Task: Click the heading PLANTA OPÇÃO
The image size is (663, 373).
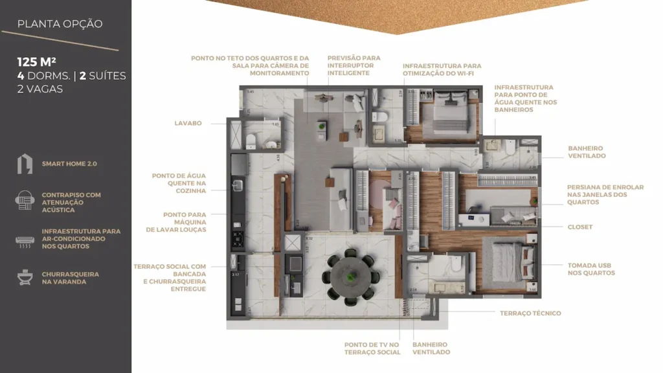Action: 60,24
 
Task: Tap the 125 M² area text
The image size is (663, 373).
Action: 36,62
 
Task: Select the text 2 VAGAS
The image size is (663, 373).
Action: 39,89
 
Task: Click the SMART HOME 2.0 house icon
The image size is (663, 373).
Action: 25,164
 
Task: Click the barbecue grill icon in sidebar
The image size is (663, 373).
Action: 25,278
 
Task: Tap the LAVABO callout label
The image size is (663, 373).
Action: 188,123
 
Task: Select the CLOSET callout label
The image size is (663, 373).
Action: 580,227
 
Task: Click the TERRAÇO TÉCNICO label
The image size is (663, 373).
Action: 530,313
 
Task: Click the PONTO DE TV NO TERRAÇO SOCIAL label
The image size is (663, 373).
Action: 372,348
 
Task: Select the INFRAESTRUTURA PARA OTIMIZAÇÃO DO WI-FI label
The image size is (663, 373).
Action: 442,70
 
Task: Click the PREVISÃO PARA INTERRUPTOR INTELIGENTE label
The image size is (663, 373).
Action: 354,65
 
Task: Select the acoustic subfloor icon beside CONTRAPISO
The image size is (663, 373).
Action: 25,201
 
